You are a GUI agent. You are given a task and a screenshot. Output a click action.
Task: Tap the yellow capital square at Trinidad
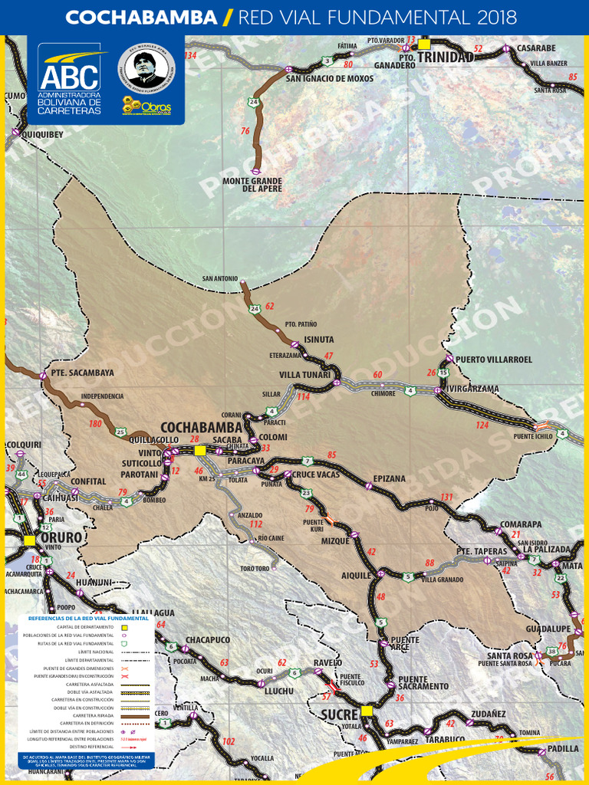(x=424, y=44)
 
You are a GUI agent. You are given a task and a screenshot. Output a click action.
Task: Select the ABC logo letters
(x=69, y=76)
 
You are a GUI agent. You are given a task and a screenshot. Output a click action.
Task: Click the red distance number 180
(x=95, y=423)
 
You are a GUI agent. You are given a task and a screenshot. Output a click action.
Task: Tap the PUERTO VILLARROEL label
(x=493, y=359)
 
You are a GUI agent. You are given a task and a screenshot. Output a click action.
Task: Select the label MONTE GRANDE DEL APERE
(x=252, y=185)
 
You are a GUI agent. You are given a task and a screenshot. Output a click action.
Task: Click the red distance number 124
(x=482, y=425)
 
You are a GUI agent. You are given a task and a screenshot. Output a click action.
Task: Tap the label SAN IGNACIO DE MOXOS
(x=330, y=78)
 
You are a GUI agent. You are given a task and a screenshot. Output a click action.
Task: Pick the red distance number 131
(x=446, y=498)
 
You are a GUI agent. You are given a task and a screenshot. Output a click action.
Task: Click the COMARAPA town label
(x=521, y=524)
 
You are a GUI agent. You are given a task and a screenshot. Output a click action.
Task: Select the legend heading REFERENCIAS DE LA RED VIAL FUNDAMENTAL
(x=87, y=617)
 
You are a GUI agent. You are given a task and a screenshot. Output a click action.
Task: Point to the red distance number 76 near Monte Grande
(x=245, y=131)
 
